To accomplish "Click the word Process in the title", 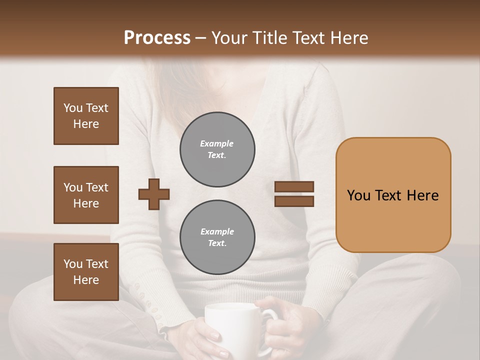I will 157,38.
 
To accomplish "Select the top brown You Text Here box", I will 86,116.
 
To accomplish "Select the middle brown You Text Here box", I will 86,195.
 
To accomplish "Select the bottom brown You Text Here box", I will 86,271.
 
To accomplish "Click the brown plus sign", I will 154,193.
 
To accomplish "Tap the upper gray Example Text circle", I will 217,149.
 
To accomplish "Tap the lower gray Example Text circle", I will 217,237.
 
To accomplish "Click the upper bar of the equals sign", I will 294,186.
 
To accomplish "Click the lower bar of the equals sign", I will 294,201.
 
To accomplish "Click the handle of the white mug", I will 270,317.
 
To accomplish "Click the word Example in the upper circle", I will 216,143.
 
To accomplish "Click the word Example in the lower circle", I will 217,231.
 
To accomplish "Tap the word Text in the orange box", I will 391,195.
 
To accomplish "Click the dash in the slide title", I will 201,38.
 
